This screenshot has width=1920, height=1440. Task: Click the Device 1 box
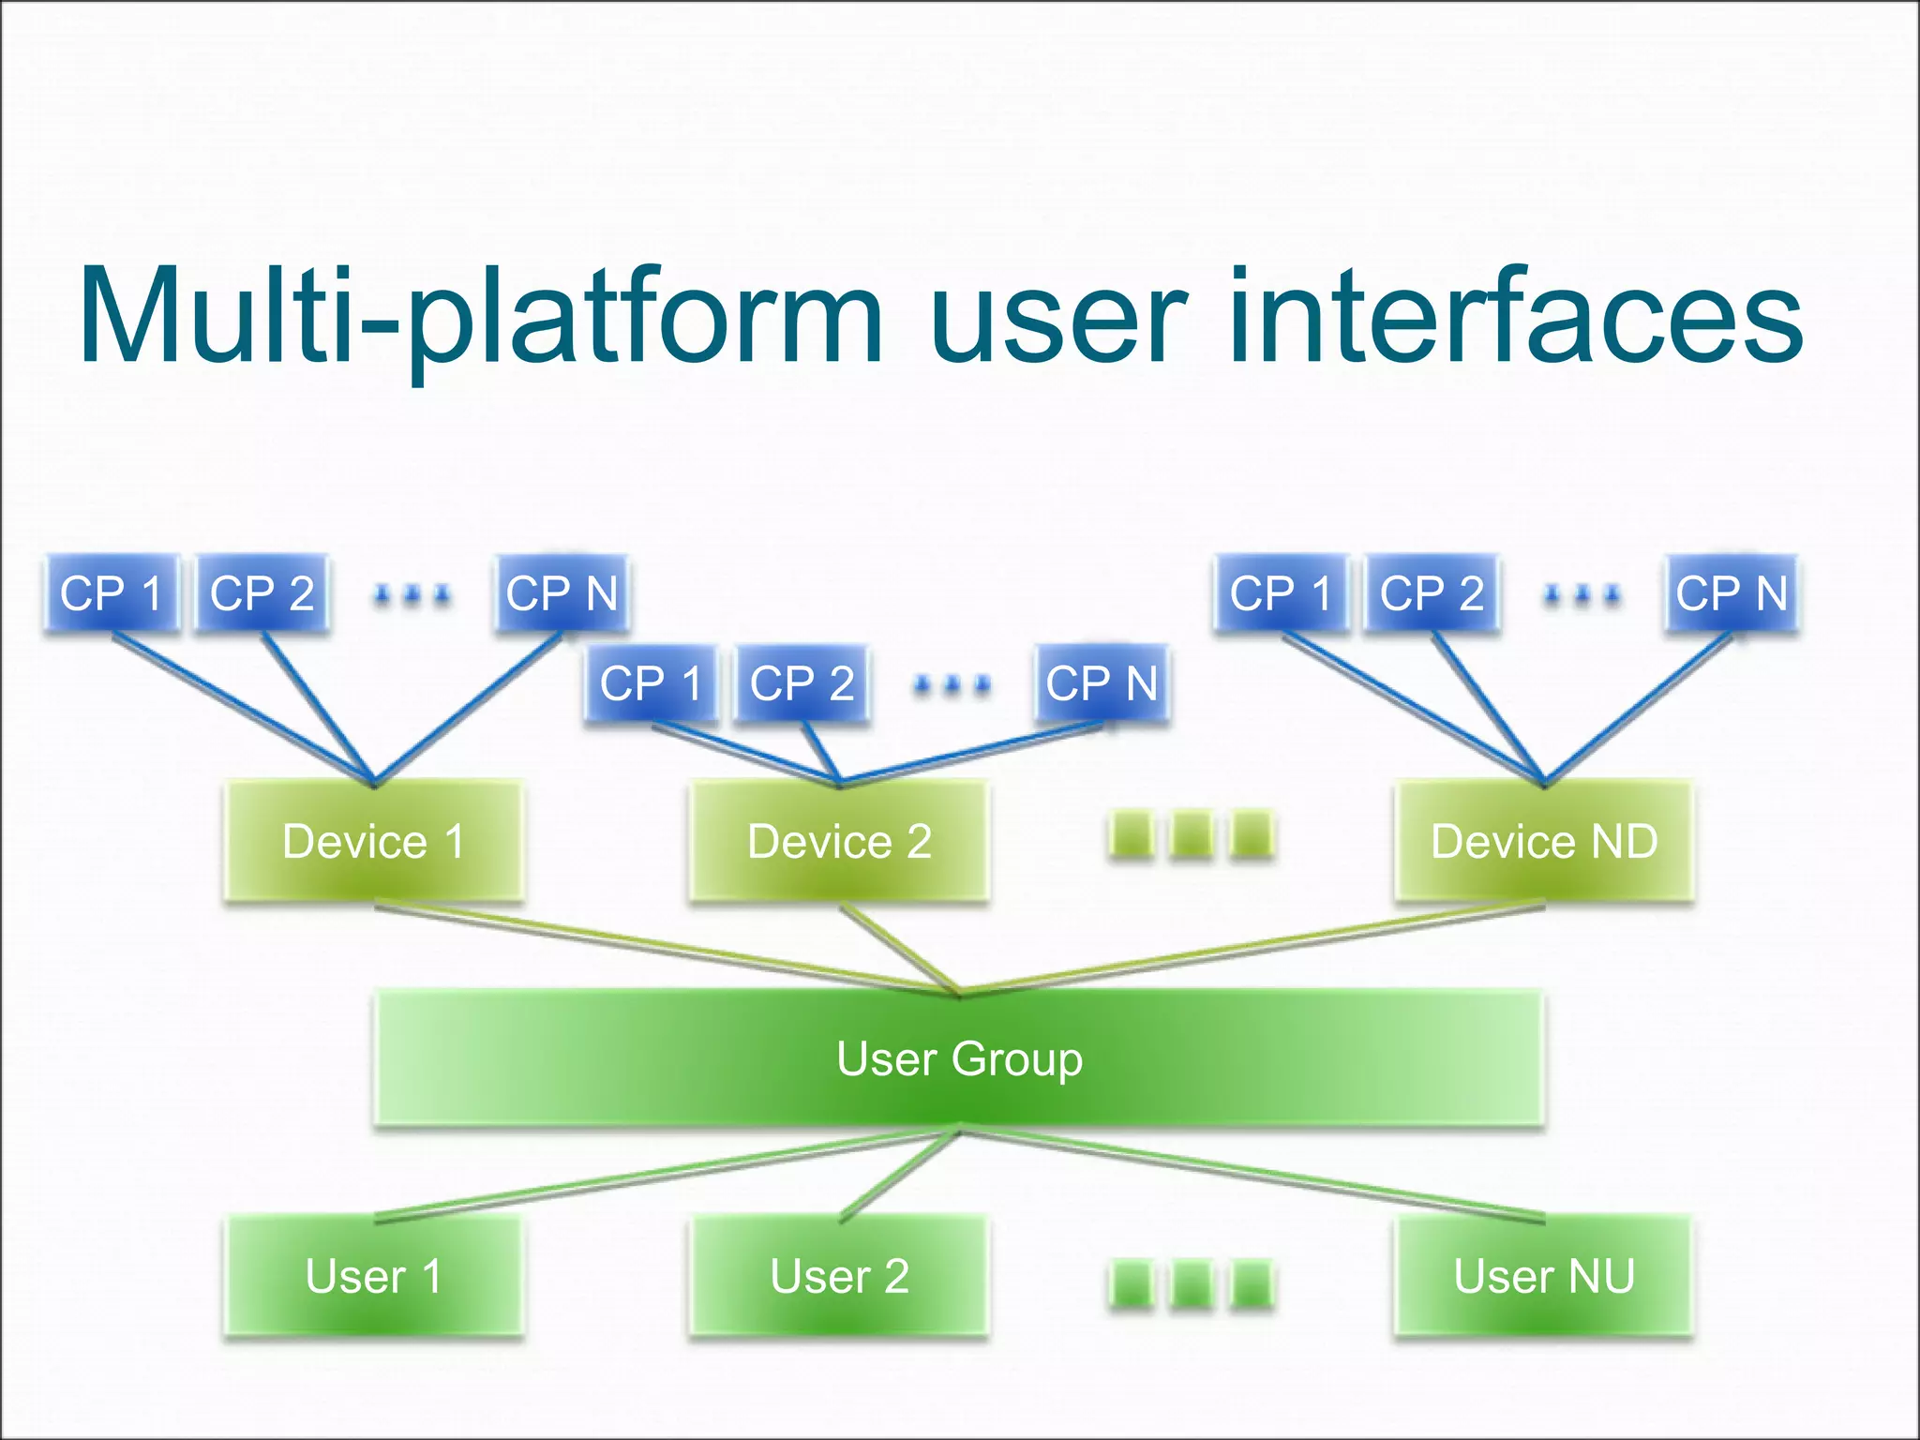(x=373, y=841)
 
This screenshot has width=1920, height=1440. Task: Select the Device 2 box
(x=839, y=841)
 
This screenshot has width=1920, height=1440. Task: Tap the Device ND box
(x=1544, y=841)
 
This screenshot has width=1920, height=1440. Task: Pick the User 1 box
(x=373, y=1276)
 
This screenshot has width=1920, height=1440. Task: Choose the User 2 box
(x=839, y=1276)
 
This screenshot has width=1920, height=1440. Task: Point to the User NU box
(x=1544, y=1276)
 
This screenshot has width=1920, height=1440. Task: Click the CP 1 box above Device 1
(x=111, y=592)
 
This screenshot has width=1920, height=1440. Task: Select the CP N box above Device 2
(x=1102, y=682)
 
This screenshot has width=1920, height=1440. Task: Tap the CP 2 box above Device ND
(x=1432, y=592)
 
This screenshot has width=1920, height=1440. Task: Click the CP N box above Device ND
(x=1732, y=592)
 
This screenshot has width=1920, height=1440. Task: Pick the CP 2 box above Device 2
(x=802, y=682)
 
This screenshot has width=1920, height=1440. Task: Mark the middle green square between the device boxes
(x=1192, y=833)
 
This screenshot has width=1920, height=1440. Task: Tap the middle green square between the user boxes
(x=1192, y=1283)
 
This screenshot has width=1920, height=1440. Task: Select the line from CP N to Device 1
(x=469, y=708)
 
